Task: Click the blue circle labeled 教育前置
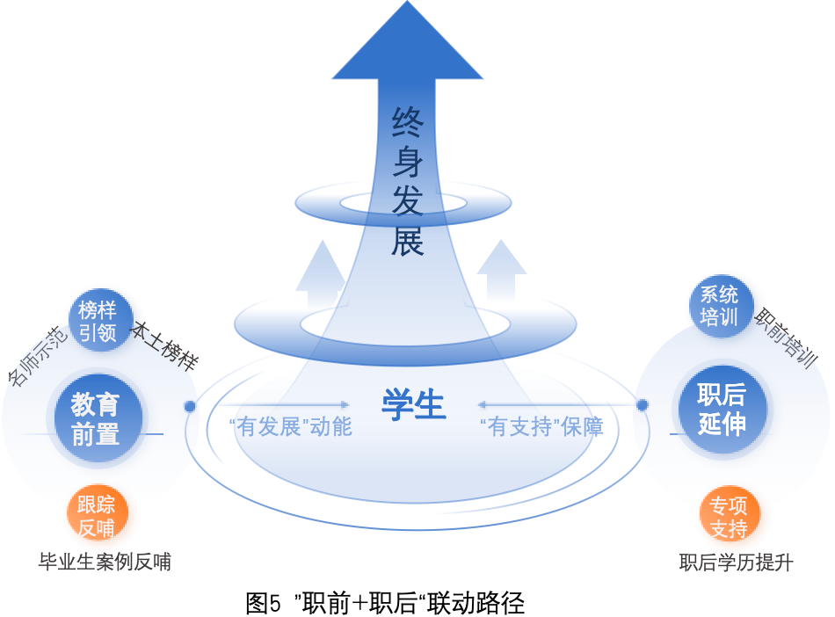(96, 418)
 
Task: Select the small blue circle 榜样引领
(100, 321)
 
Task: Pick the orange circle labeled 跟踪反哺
(97, 516)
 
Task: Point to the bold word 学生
(413, 405)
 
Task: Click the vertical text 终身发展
(408, 181)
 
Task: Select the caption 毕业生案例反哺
(105, 562)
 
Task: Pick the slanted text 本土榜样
(164, 346)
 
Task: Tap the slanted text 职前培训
(786, 338)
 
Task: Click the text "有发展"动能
(289, 427)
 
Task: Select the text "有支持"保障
(541, 427)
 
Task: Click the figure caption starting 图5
(386, 603)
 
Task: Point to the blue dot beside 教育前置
(190, 406)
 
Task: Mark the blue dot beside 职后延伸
(643, 405)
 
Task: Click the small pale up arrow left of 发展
(321, 268)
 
